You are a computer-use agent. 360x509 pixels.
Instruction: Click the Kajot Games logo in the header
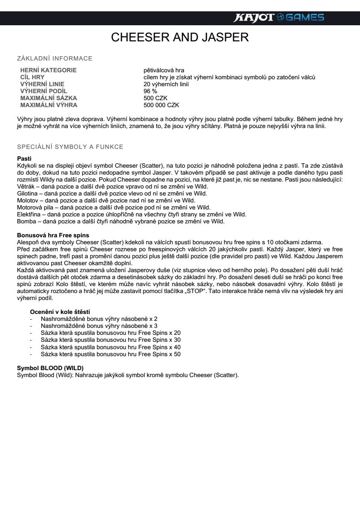click(x=279, y=17)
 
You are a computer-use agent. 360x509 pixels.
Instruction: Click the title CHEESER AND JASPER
click(x=180, y=37)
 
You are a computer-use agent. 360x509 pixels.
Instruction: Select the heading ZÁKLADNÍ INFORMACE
click(x=54, y=58)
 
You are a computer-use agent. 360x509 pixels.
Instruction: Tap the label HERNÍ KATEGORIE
click(x=48, y=70)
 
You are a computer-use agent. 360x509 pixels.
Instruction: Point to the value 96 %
click(x=150, y=91)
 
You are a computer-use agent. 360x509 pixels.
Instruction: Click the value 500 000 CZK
click(x=161, y=105)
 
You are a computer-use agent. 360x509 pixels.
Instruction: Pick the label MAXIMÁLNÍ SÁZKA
click(x=48, y=98)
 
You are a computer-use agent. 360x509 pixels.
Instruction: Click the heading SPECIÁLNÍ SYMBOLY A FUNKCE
click(x=70, y=147)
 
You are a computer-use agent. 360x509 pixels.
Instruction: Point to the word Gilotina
click(x=27, y=193)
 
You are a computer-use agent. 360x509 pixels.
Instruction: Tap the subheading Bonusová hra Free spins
click(x=52, y=235)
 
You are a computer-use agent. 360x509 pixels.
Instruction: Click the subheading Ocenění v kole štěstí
click(x=60, y=312)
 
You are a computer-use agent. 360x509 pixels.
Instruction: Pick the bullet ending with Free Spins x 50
click(x=111, y=354)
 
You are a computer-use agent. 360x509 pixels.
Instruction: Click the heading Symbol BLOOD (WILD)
click(x=50, y=368)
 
